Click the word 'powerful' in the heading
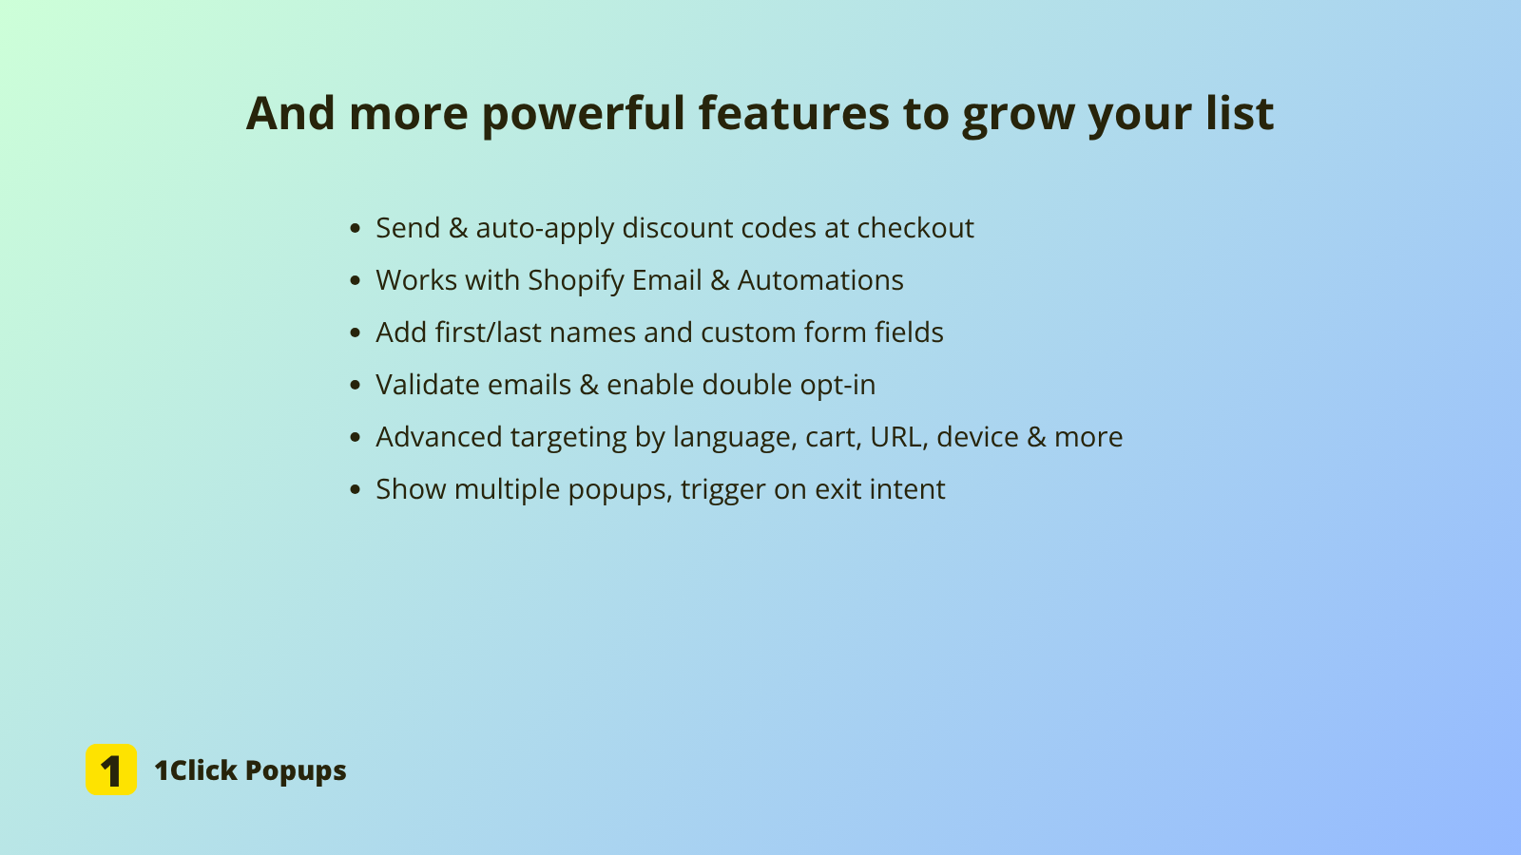tap(584, 114)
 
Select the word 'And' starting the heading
tap(290, 112)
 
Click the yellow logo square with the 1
tap(111, 769)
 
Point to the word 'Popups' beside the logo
tap(296, 771)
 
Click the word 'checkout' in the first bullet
tap(915, 228)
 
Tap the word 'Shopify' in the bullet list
tap(576, 281)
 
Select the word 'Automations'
tap(820, 280)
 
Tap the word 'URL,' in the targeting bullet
tap(899, 438)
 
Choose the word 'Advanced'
tap(438, 437)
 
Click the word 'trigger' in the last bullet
tap(722, 490)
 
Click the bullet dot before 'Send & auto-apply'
tap(356, 229)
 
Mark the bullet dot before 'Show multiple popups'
tap(356, 490)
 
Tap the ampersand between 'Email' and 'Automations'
tap(720, 280)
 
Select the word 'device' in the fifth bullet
tap(978, 437)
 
